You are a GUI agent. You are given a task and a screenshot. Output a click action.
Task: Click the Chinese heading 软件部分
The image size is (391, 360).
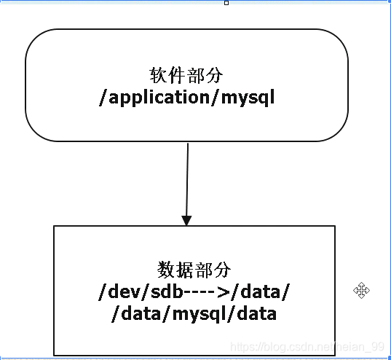[186, 75]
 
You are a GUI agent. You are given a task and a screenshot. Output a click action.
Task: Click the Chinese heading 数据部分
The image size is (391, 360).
[194, 270]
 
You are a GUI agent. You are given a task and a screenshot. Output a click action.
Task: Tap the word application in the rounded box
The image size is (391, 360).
[159, 98]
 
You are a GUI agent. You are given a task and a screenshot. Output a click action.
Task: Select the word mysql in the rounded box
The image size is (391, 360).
[248, 98]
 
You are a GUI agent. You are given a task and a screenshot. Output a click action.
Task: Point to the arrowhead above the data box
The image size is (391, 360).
[186, 221]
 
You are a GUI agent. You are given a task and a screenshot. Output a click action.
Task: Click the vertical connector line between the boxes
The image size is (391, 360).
[187, 180]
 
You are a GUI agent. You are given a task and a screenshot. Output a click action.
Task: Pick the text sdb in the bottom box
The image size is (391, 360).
[167, 291]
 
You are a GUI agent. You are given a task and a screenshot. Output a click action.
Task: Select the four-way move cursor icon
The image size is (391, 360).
[361, 290]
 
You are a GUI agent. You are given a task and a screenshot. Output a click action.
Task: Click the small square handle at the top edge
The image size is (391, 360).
[226, 3]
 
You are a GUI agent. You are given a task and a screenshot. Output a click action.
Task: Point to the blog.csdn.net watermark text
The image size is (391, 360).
[307, 347]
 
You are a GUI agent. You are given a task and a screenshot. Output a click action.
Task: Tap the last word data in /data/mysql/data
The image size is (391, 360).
[256, 313]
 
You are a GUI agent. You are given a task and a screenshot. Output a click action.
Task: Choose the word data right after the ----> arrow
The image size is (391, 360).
[261, 291]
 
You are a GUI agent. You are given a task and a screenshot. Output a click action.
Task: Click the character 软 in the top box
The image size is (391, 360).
[158, 75]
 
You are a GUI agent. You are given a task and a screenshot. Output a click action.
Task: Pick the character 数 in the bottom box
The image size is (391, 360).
[166, 270]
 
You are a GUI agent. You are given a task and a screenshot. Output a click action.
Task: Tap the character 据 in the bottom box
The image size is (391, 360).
[184, 270]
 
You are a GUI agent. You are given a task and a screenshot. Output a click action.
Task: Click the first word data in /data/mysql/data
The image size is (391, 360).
[141, 313]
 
